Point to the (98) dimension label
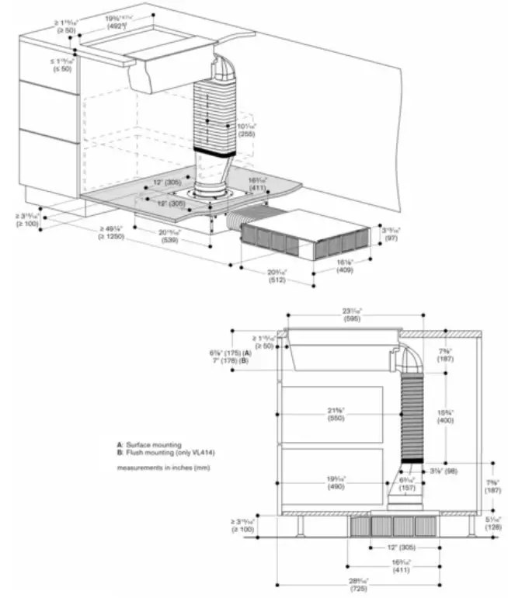[438, 471]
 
